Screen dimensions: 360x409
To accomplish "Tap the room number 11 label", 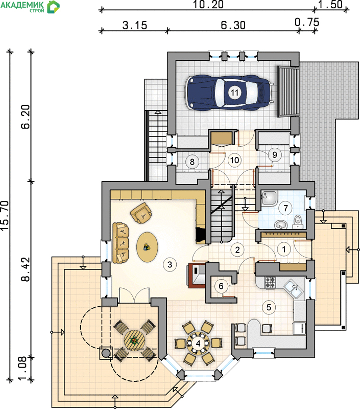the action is coord(234,93).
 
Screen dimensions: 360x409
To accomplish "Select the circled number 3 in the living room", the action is coord(170,264).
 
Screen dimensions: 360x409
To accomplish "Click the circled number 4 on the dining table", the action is coord(198,343).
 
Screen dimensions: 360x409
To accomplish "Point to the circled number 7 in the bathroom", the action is coord(286,208).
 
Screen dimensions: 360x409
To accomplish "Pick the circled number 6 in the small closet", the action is coord(221,286).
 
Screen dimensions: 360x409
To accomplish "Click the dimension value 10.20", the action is coord(208,5).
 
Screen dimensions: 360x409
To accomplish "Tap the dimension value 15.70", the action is coord(5,215).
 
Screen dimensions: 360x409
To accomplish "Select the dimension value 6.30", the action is coord(233,25).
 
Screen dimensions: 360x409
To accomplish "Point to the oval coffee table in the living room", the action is coord(147,247).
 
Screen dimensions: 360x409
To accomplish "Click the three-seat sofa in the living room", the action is coord(121,243).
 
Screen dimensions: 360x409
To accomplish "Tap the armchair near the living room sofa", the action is coord(141,213).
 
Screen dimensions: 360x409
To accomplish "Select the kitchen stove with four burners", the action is coord(270,283).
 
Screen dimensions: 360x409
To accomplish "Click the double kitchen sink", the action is coord(294,289).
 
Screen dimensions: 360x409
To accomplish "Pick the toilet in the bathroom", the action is coord(297,221).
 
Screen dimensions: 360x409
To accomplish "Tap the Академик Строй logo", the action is coord(30,7).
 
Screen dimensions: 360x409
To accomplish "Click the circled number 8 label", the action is coord(192,162).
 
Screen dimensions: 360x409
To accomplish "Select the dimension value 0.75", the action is coord(307,22).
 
